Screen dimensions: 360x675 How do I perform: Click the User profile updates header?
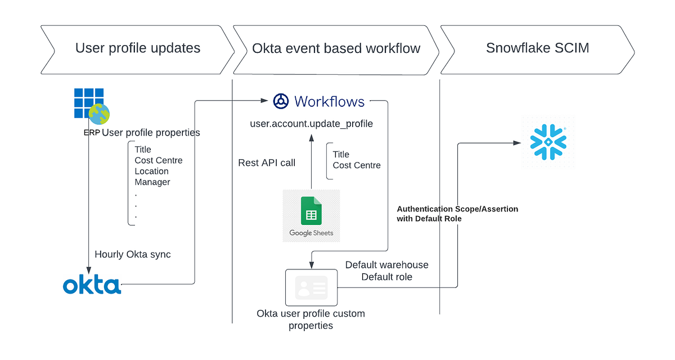coord(138,48)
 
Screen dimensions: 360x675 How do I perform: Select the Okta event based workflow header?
coord(336,48)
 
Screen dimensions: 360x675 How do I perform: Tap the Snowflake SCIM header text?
coord(537,48)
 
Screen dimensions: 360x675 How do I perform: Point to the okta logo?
coord(92,285)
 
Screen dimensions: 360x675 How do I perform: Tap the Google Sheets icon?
coord(311,216)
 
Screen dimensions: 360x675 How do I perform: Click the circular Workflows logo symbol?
coord(281,101)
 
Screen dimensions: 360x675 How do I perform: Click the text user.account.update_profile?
coord(311,124)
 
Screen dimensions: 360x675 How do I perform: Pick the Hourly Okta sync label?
coord(133,254)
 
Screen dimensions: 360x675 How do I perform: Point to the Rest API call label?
coord(267,163)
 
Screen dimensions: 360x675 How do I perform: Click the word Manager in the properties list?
coord(152,182)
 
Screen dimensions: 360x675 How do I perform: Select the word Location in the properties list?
coord(151,171)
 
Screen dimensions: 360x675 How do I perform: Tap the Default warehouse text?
coord(386,265)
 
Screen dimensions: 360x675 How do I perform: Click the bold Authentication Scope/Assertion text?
coord(457,209)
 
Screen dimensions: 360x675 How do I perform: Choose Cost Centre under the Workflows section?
coord(357,165)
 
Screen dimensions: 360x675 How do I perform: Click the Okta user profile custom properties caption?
coord(310,319)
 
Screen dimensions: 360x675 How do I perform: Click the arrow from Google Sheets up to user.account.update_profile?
coord(311,163)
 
